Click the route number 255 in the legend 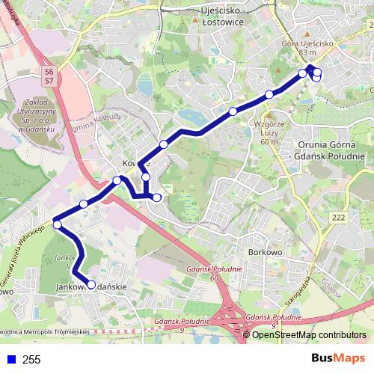tap(31, 360)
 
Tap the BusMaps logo tap(338, 359)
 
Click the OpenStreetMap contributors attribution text tap(309, 334)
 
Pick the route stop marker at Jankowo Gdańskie tap(92, 284)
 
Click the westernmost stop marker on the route tap(57, 224)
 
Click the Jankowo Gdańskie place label tap(91, 286)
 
